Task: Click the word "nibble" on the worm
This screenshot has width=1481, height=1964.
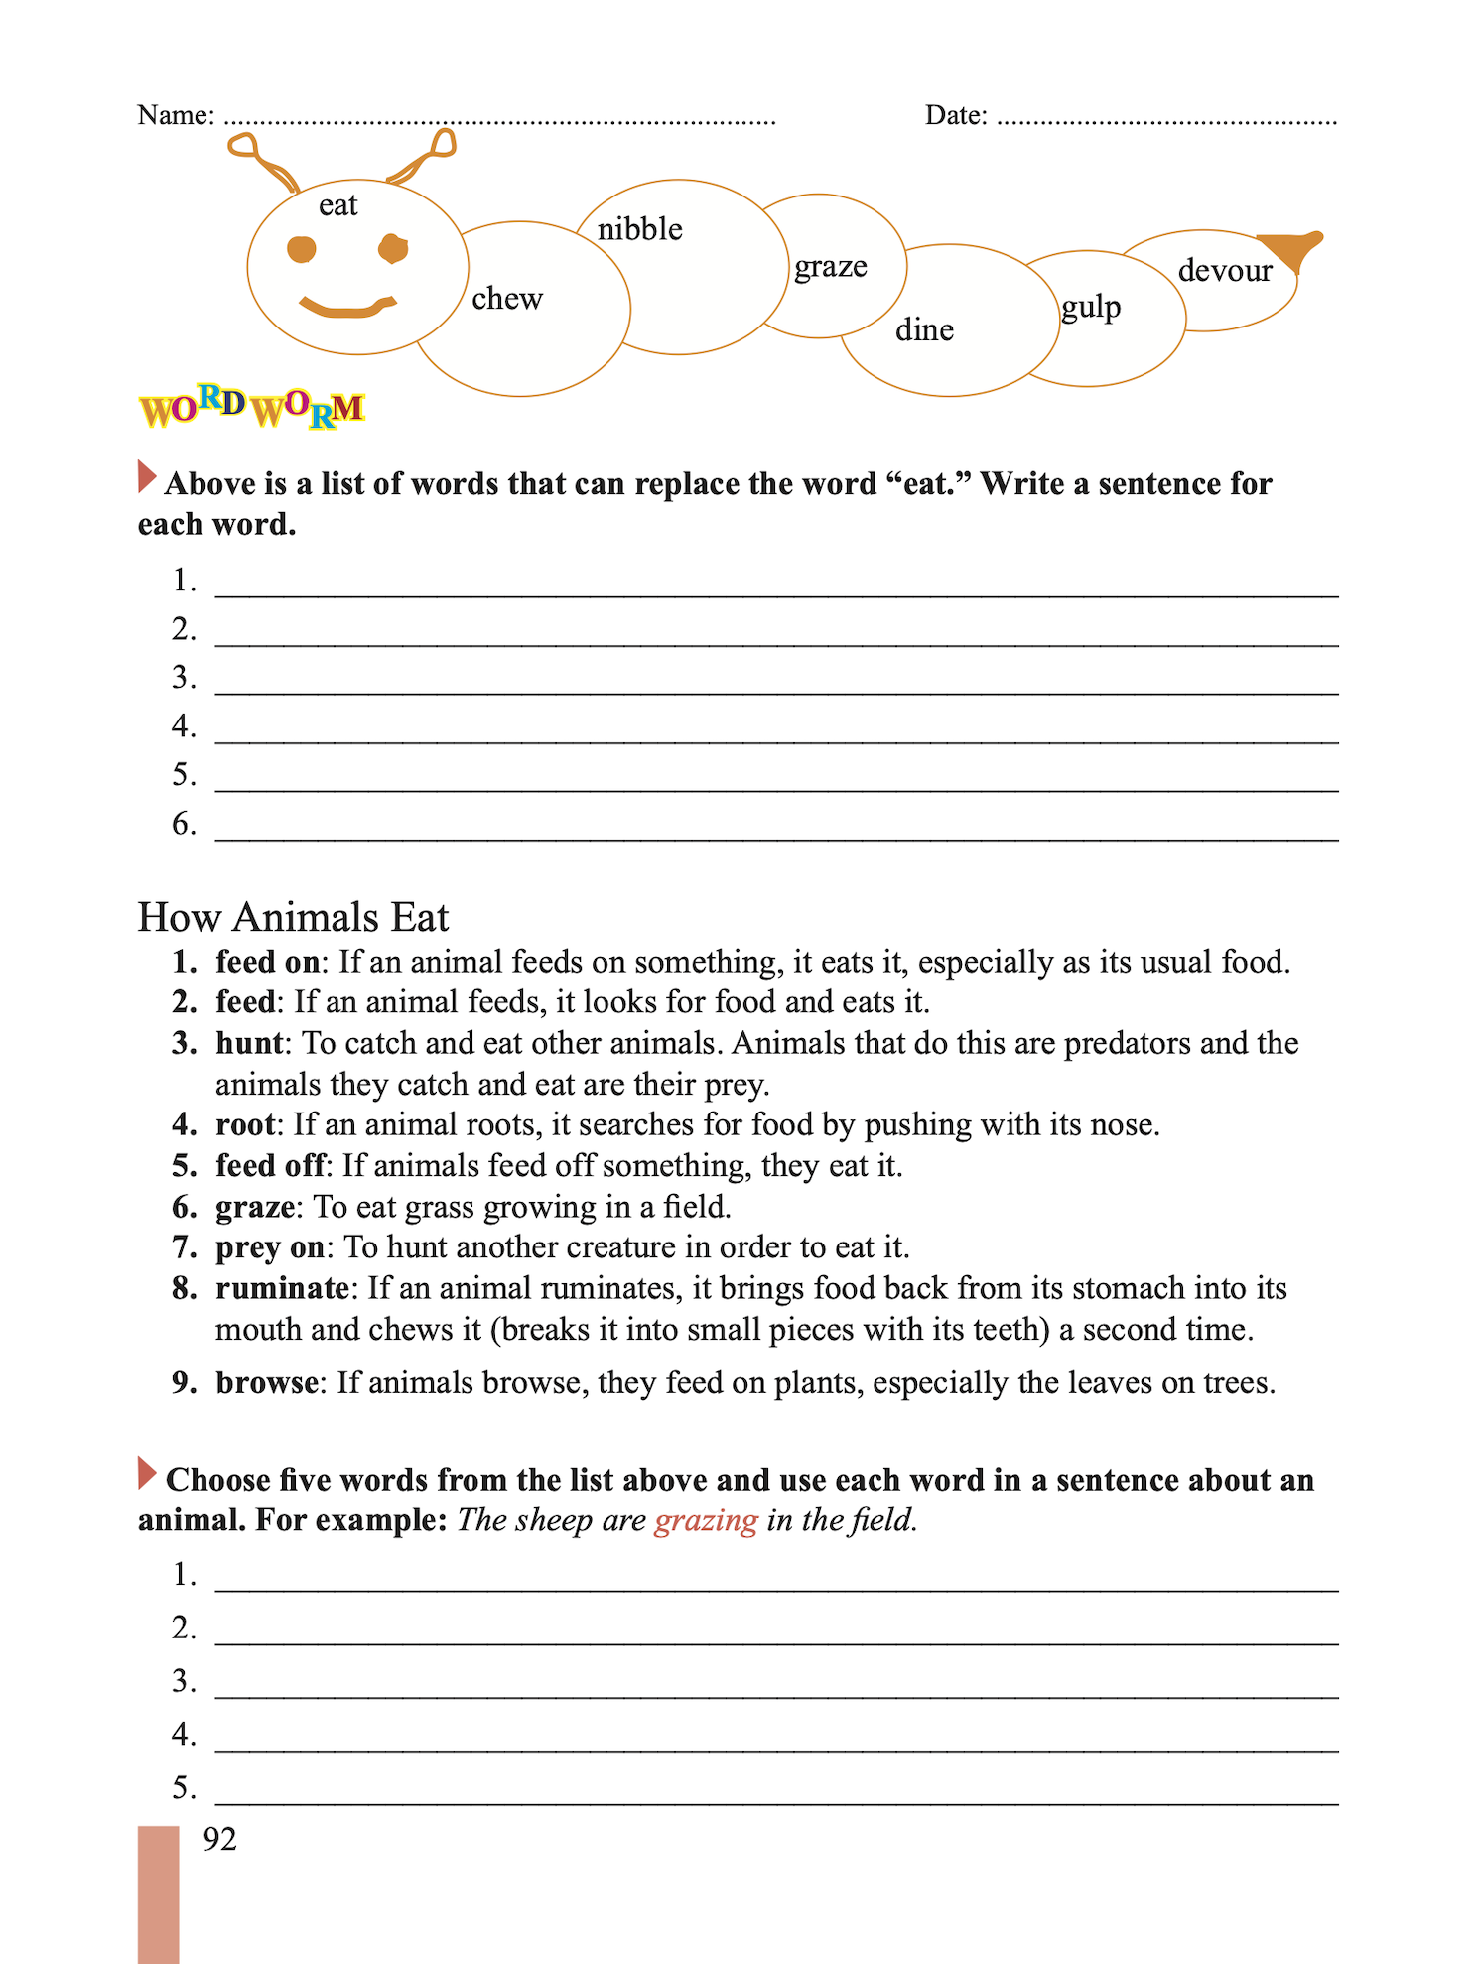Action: (x=639, y=229)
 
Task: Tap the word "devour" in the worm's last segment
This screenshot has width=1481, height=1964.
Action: (x=1224, y=270)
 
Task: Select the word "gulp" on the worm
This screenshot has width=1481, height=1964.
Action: (x=1090, y=308)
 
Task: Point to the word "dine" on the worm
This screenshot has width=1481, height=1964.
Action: (x=923, y=329)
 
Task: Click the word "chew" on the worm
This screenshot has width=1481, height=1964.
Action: (x=506, y=298)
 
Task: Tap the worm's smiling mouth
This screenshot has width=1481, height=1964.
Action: (x=347, y=307)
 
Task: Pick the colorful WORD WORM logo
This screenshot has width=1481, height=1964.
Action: (x=251, y=406)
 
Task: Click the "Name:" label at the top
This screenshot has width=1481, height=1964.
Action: (x=176, y=115)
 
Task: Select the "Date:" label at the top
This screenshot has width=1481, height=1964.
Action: (x=955, y=115)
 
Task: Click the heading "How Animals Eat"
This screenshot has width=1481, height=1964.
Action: (x=293, y=917)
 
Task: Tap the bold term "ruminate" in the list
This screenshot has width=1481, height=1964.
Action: (x=282, y=1288)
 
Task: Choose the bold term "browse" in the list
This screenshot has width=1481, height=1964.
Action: (x=267, y=1382)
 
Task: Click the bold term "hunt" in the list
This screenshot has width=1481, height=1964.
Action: (x=249, y=1043)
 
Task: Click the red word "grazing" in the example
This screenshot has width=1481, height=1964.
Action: (x=706, y=1520)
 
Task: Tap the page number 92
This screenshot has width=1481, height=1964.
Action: (x=219, y=1839)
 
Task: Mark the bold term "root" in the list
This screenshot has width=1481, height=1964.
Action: (x=244, y=1124)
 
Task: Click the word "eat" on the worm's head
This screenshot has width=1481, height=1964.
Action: (x=337, y=205)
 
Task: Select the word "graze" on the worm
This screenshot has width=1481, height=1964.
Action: (x=830, y=267)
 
